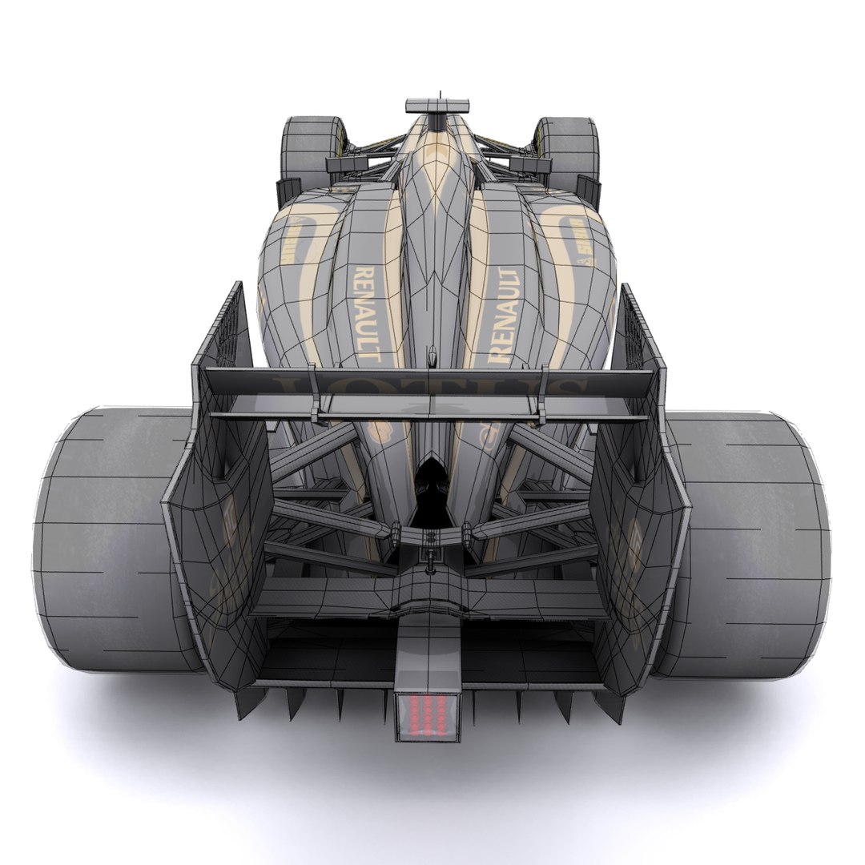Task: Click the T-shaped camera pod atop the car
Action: point(437,106)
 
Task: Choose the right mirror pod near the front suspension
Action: point(589,190)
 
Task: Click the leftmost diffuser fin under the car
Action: point(240,703)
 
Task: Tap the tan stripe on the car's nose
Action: point(437,160)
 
